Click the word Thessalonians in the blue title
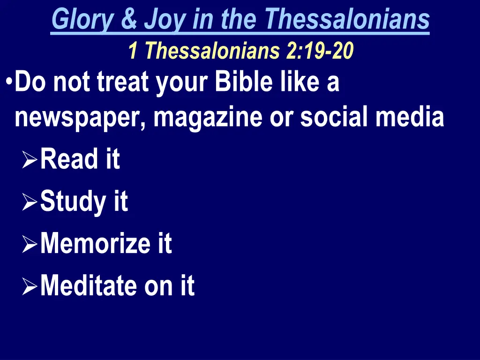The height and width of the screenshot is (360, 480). tap(347, 20)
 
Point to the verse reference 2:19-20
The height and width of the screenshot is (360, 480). tap(320, 51)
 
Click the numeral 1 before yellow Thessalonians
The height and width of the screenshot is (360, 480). tap(133, 51)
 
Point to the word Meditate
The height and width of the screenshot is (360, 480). tap(89, 285)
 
